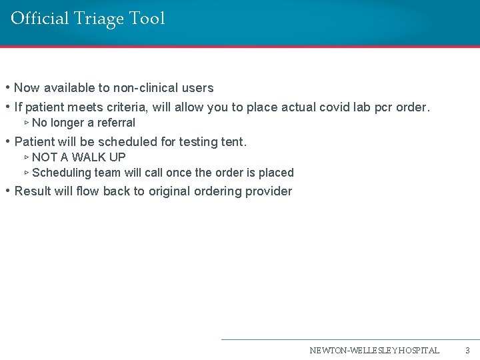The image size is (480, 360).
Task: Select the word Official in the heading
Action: (x=40, y=18)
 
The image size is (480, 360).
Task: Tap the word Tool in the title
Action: (x=147, y=18)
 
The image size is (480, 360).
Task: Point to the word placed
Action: (x=276, y=173)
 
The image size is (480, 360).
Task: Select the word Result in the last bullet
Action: (x=33, y=191)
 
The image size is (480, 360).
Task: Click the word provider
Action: (x=267, y=191)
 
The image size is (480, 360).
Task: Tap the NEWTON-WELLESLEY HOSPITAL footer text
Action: (x=374, y=350)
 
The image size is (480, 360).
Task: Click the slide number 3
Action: (x=467, y=350)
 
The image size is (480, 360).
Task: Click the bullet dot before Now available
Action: (x=7, y=88)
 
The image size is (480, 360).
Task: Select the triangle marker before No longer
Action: (x=26, y=123)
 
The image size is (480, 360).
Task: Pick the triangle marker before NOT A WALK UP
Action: (x=26, y=157)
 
